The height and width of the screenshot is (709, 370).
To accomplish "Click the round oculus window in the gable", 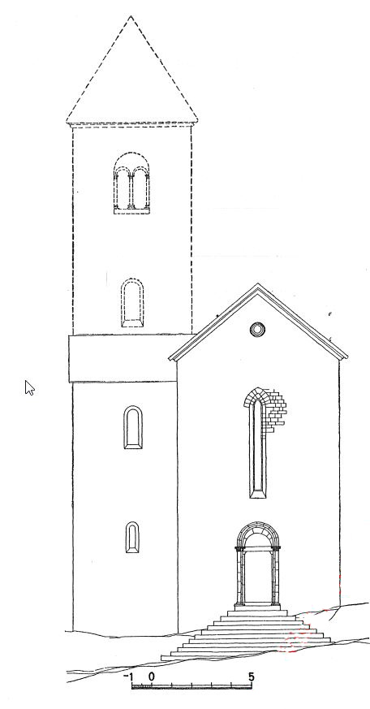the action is click(257, 329).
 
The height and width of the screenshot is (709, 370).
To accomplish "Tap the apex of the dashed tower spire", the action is click(131, 17).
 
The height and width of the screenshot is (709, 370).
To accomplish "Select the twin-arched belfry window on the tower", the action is click(131, 183).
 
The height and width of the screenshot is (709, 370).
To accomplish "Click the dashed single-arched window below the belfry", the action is click(132, 302).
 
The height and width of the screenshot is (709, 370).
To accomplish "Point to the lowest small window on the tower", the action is click(132, 537).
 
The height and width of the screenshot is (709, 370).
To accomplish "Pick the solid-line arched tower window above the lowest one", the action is click(133, 427).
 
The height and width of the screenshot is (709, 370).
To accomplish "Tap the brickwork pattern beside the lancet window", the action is click(276, 409).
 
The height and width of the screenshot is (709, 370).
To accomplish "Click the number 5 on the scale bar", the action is click(252, 677).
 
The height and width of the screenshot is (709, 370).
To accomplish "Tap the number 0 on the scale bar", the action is click(152, 677).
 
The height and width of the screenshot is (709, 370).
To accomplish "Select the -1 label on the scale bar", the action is click(128, 677).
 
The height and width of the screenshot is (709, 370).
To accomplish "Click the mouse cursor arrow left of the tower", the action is click(29, 387).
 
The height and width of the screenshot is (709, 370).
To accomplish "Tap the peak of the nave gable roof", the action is click(257, 284).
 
